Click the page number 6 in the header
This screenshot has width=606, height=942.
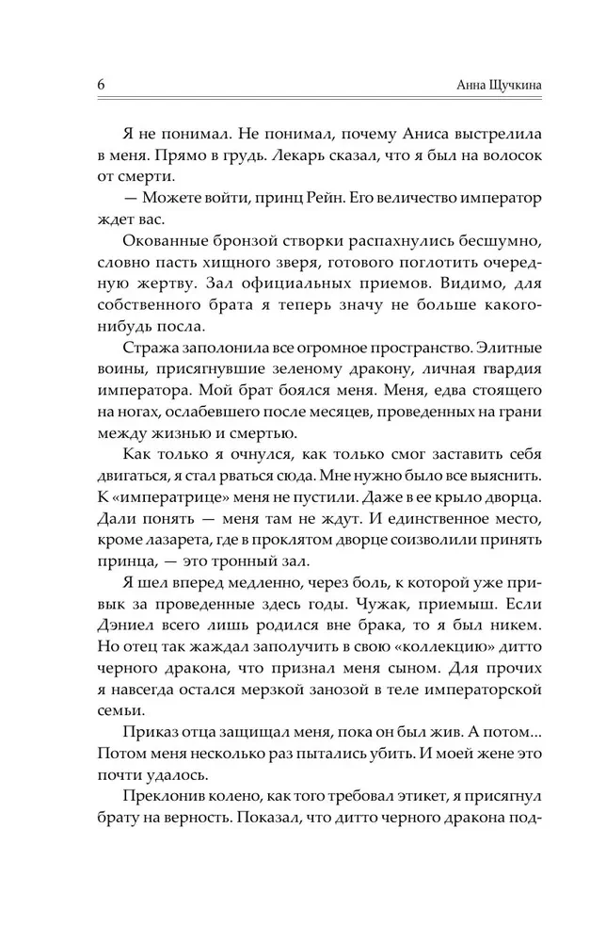101,85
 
